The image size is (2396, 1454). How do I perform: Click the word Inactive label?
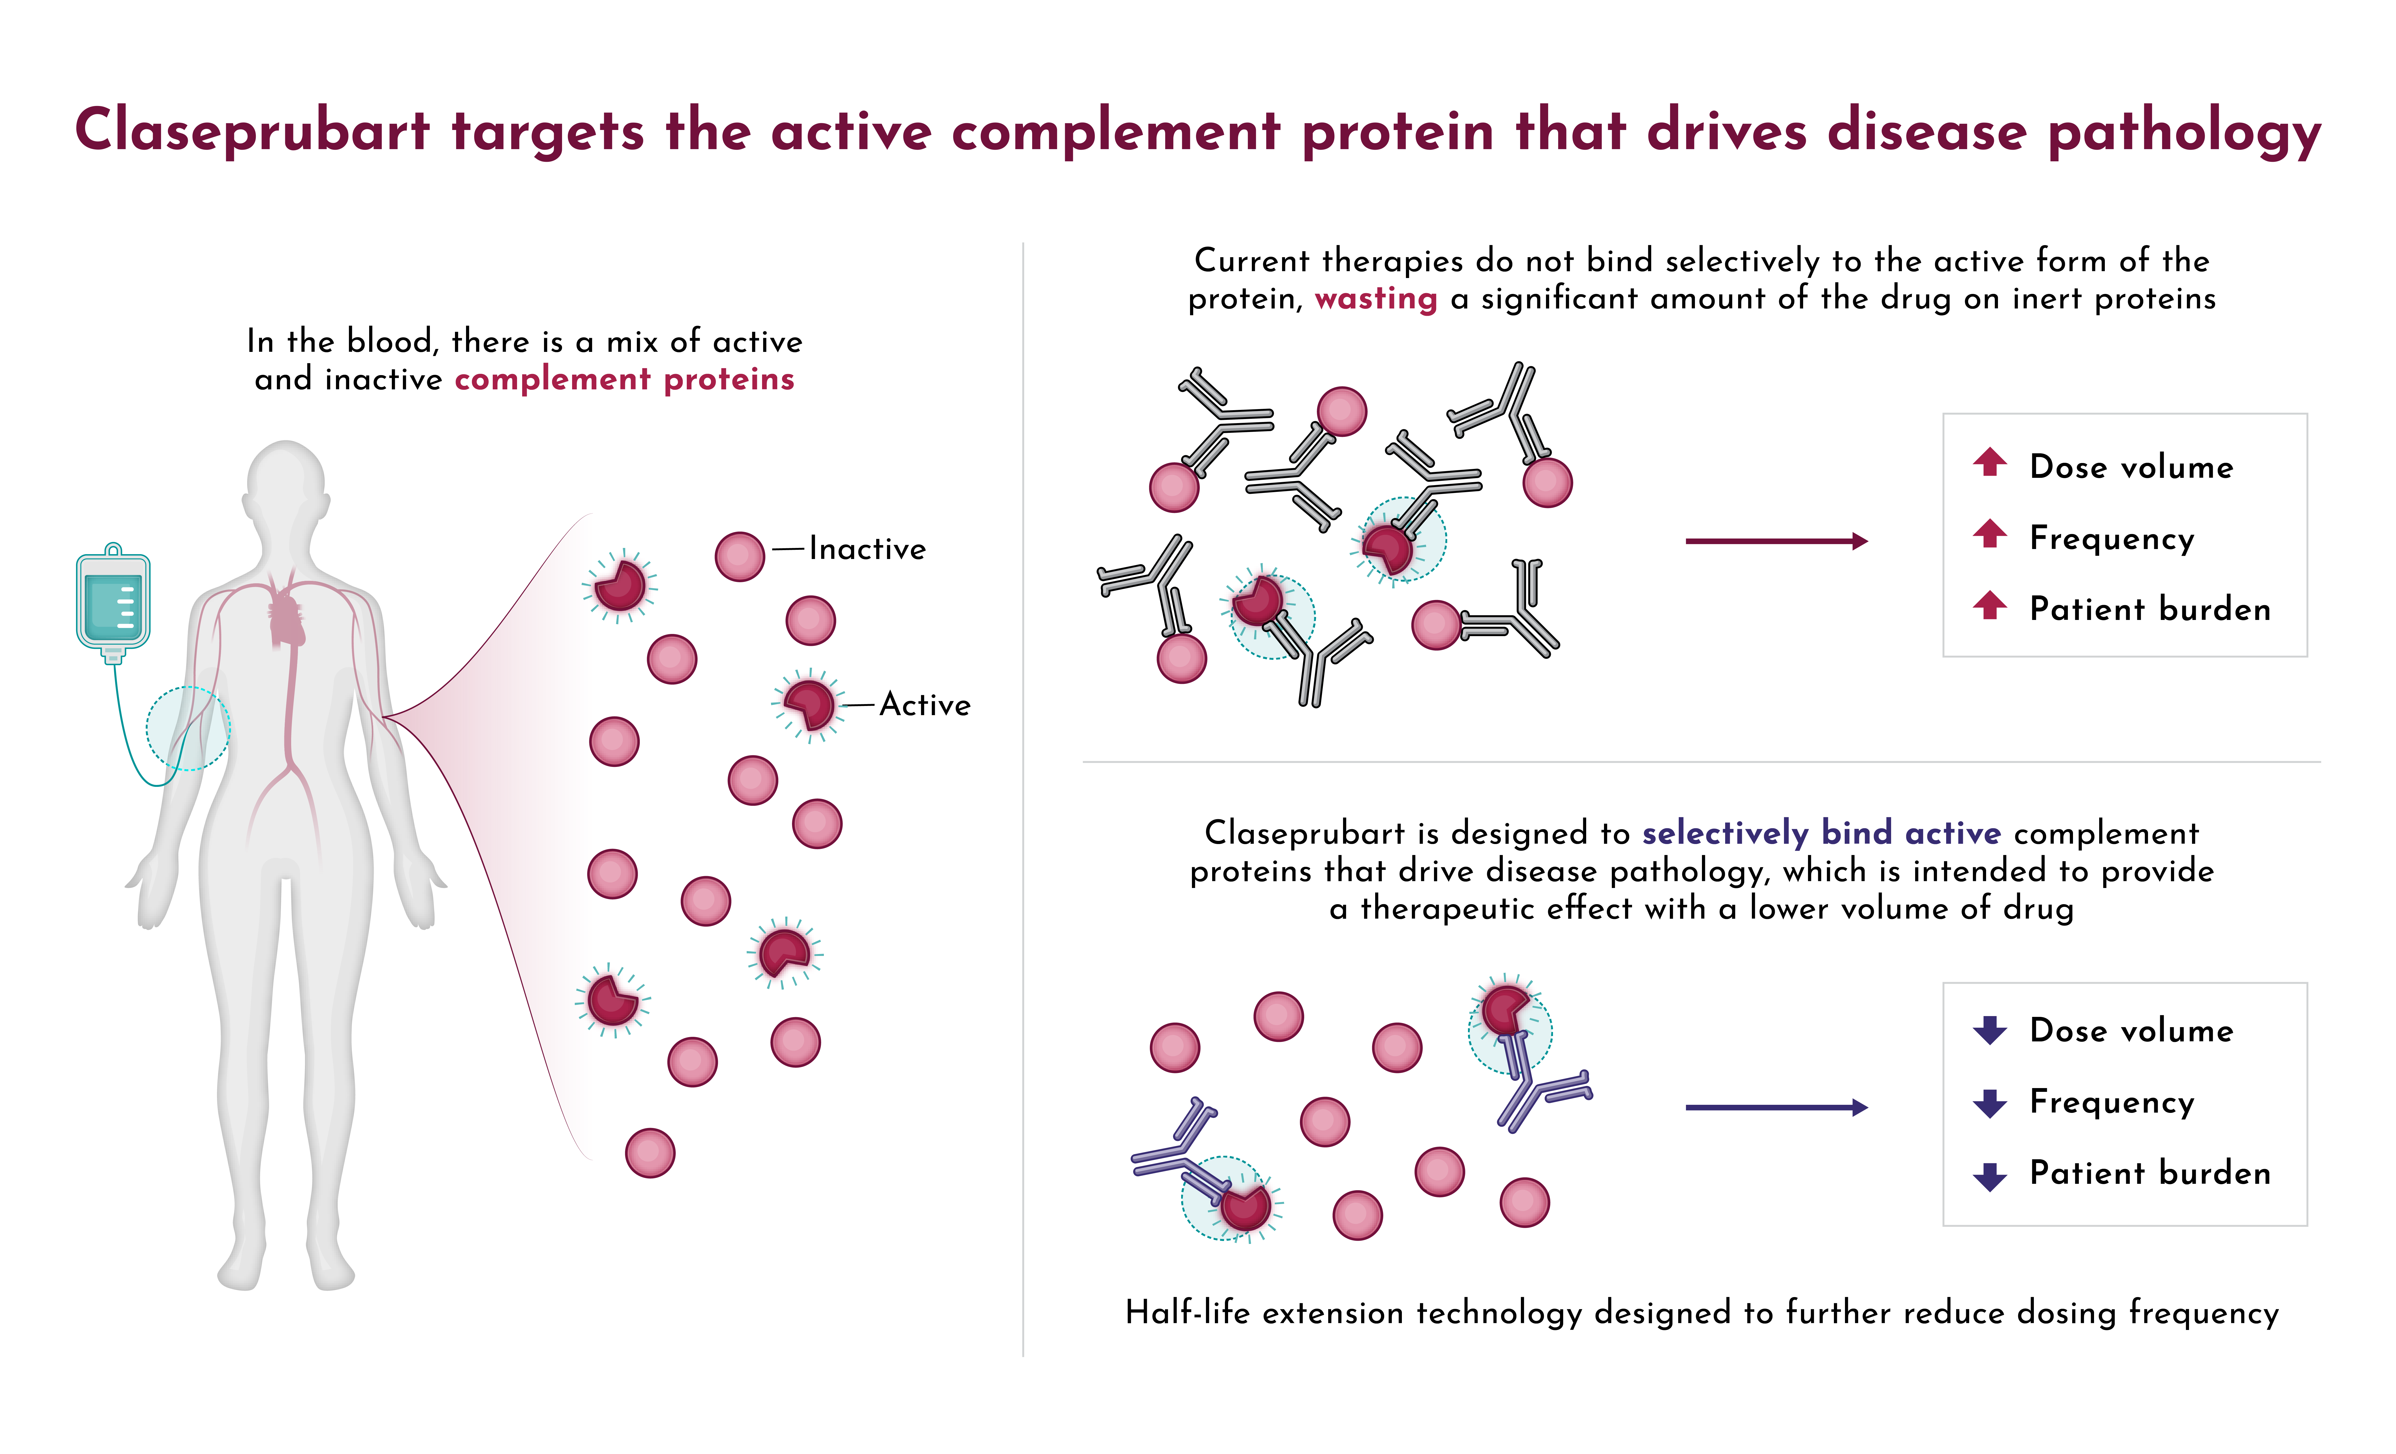coord(867,549)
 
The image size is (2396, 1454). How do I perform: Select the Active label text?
coord(925,705)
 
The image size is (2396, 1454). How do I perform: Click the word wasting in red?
coord(1376,299)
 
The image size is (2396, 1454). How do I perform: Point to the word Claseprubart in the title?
coord(252,131)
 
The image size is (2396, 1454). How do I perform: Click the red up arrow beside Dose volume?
coord(1990,462)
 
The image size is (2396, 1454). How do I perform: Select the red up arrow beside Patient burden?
coord(1990,605)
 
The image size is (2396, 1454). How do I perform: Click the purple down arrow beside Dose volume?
coord(1990,1030)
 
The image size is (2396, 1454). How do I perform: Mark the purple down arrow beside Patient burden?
coord(1990,1176)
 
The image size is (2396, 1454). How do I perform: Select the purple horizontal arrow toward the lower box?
coord(1777,1107)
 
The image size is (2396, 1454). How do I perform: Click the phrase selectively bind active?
coord(1821,833)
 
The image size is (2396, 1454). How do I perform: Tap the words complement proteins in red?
coord(624,379)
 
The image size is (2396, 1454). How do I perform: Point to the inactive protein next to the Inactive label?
coord(740,557)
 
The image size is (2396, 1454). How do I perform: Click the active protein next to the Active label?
coord(808,705)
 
